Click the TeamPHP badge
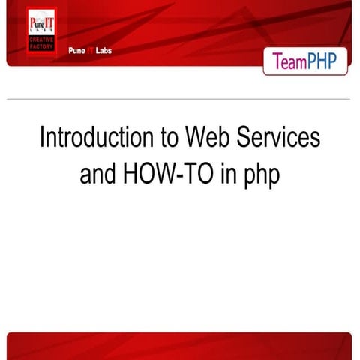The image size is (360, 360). click(305, 61)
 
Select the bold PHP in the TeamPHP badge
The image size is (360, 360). click(324, 61)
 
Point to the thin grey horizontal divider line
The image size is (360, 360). click(180, 99)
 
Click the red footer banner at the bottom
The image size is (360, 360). click(180, 346)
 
